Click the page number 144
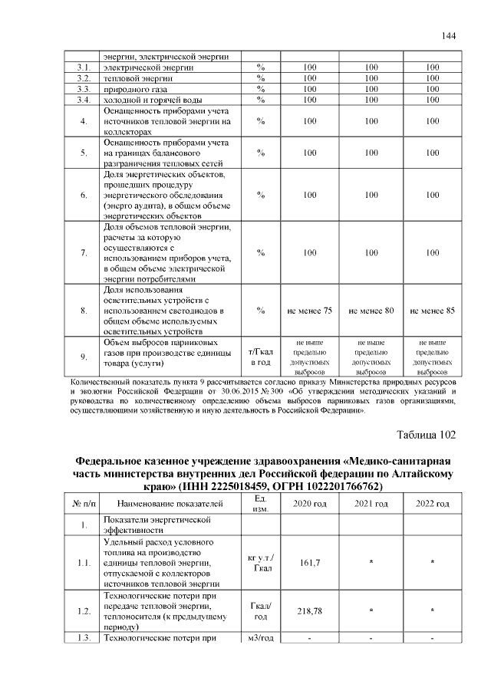[x=450, y=36]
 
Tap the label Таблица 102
[x=426, y=435]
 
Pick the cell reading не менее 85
[x=433, y=311]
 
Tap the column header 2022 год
[x=433, y=503]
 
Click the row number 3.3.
[x=84, y=89]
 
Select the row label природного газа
[x=137, y=89]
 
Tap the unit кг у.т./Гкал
[x=261, y=564]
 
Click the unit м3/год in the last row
[x=261, y=638]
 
